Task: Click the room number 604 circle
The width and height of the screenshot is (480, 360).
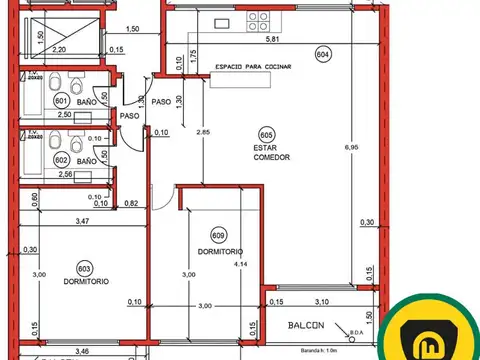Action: pyautogui.click(x=322, y=54)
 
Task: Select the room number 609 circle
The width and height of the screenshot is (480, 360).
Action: pyautogui.click(x=207, y=235)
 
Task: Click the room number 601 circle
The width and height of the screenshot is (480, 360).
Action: pyautogui.click(x=61, y=101)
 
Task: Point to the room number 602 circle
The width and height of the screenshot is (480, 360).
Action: pyautogui.click(x=61, y=160)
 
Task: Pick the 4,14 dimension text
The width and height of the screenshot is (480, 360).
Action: pyautogui.click(x=238, y=266)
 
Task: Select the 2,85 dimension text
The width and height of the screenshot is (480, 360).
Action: pyautogui.click(x=204, y=132)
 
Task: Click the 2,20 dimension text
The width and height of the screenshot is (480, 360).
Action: pyautogui.click(x=59, y=48)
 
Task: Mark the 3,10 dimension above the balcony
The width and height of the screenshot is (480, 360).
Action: pyautogui.click(x=322, y=301)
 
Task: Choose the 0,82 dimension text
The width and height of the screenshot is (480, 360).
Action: pyautogui.click(x=131, y=204)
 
